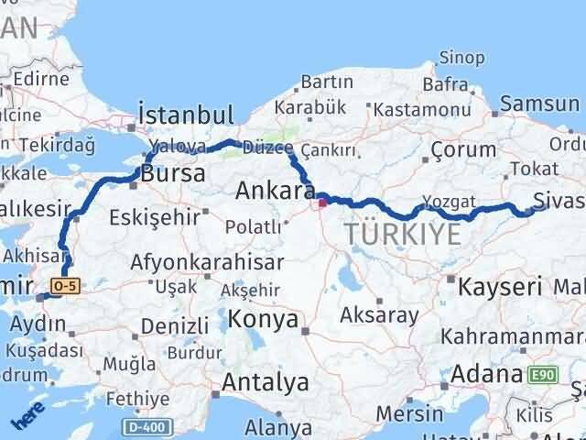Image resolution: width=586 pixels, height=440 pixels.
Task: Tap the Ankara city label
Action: pos(274,191)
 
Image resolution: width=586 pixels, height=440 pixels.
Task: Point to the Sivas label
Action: pos(559,199)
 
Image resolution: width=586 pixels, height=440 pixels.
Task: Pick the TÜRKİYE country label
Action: pos(403,235)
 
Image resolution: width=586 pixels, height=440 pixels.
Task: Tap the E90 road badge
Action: pos(540,374)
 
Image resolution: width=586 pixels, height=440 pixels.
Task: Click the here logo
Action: pos(27,417)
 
